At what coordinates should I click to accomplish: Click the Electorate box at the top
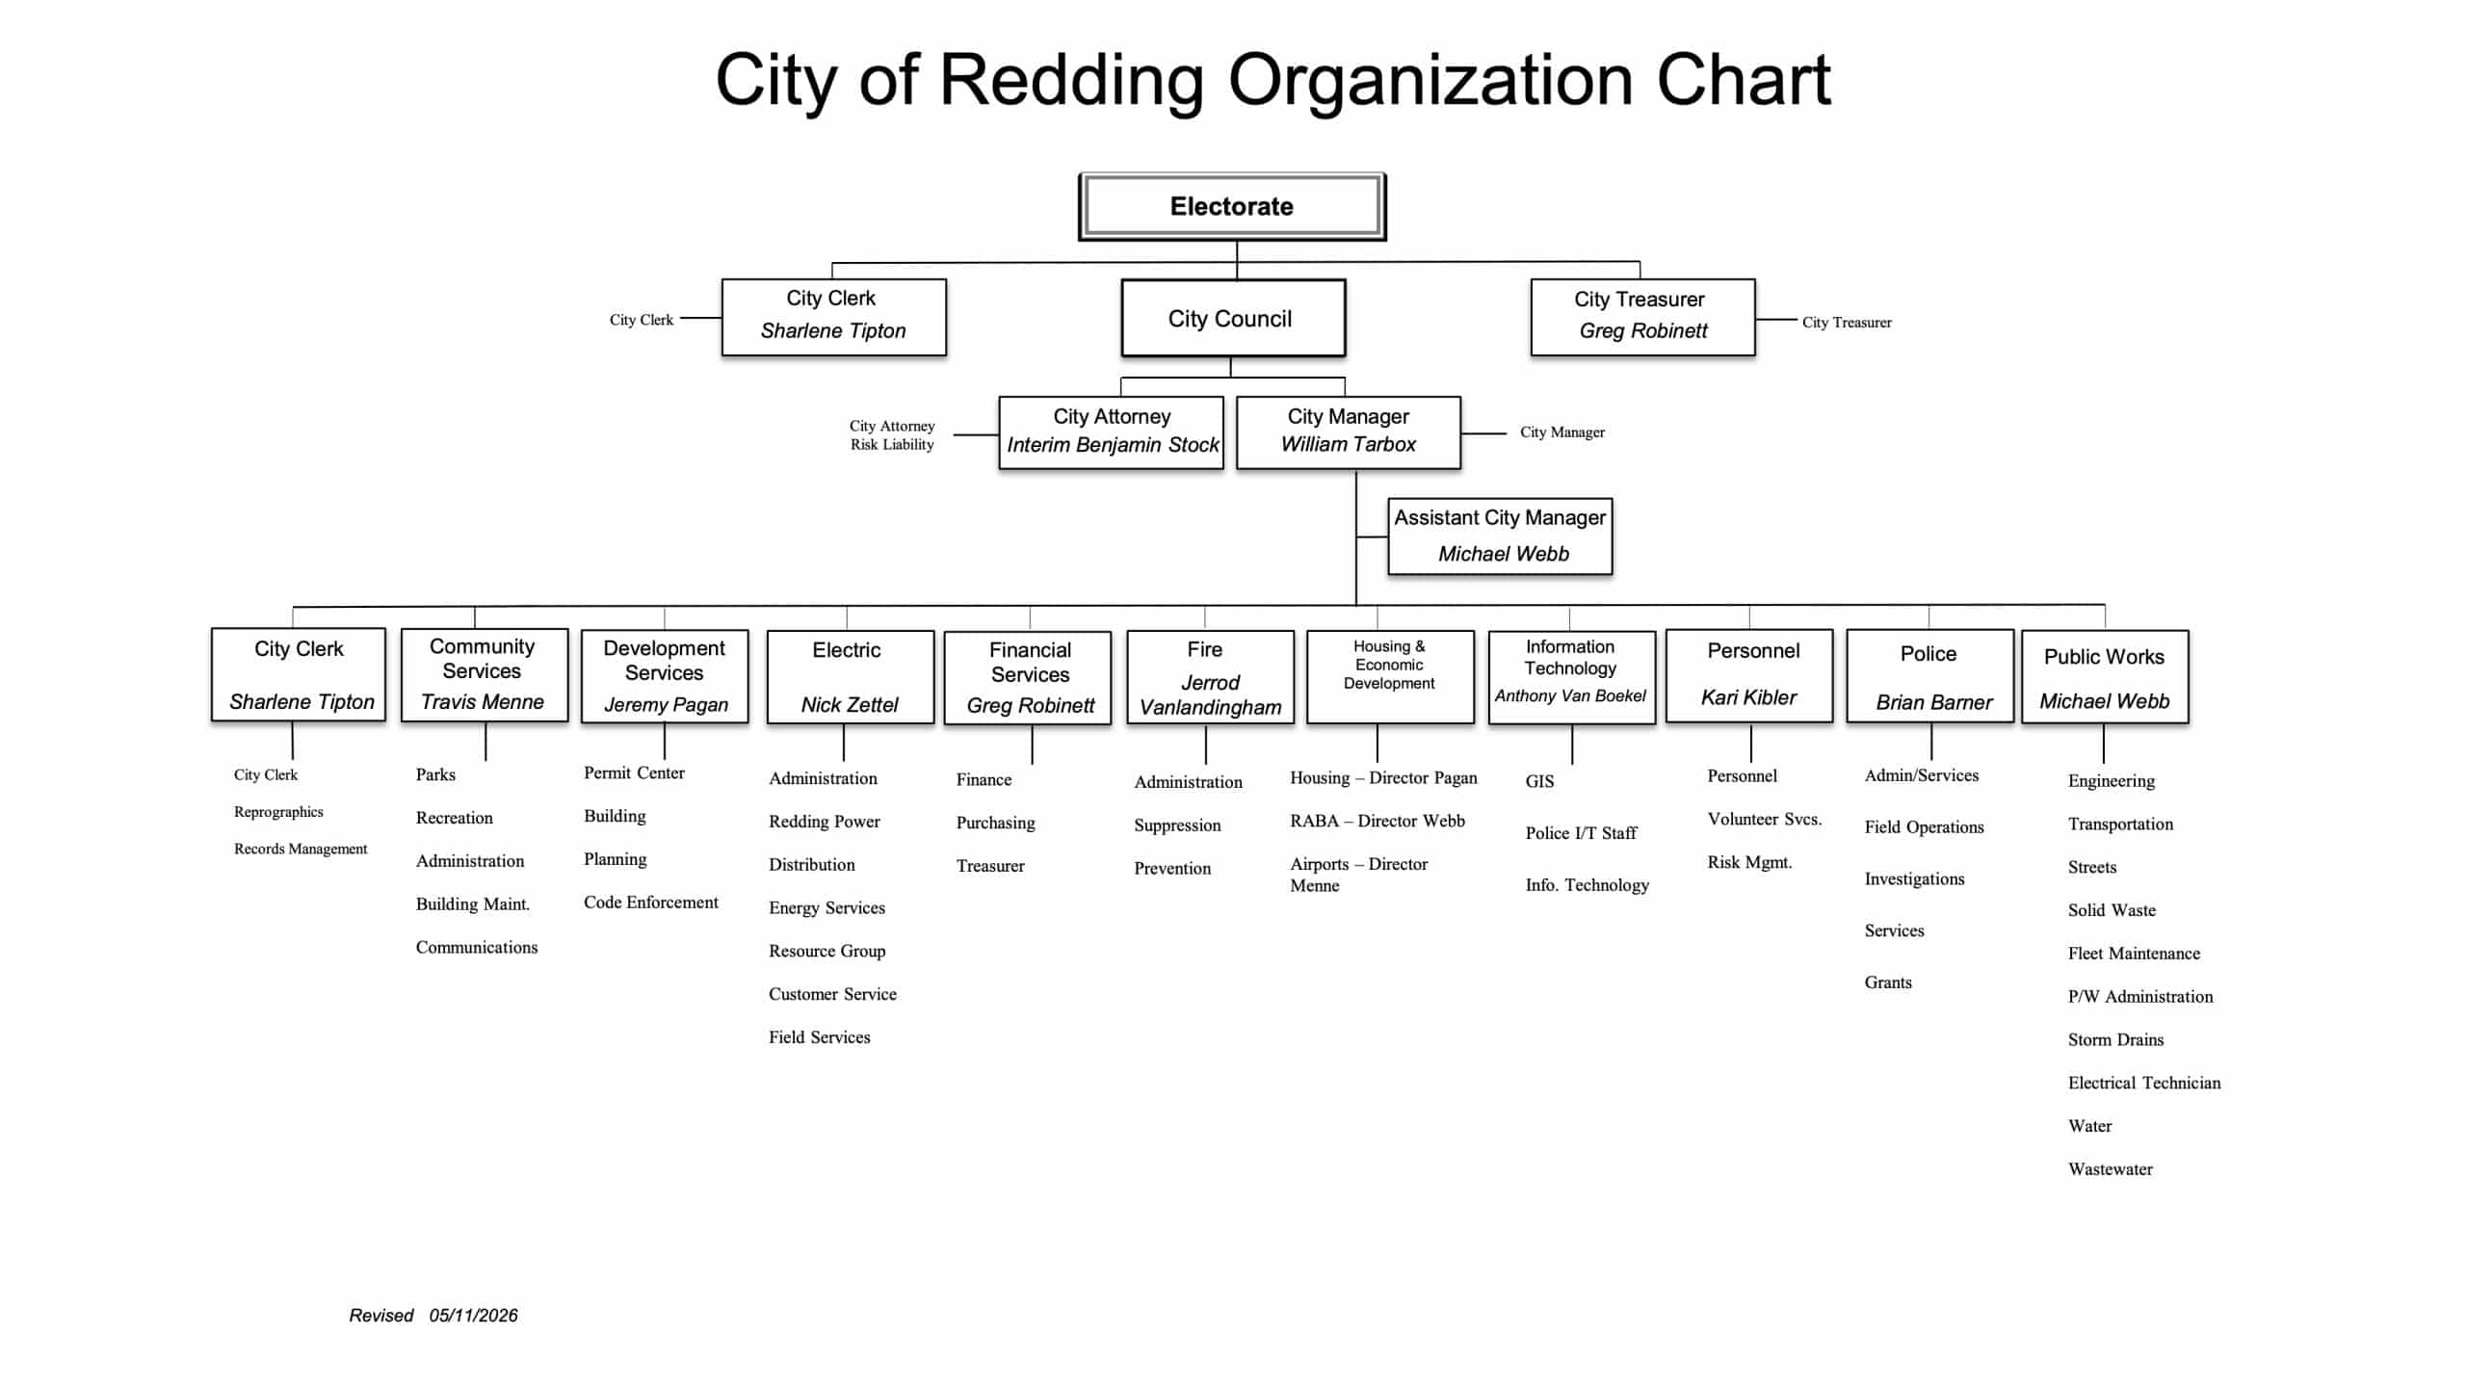(x=1232, y=206)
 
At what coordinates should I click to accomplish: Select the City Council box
(x=1233, y=318)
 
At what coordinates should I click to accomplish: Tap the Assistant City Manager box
(x=1500, y=536)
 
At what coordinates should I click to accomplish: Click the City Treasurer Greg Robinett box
(x=1642, y=317)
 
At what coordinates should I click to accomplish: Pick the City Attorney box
(x=1112, y=432)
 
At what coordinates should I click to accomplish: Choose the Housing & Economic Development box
(x=1390, y=676)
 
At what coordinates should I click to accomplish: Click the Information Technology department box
(x=1572, y=677)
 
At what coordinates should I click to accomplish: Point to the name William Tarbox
(x=1348, y=444)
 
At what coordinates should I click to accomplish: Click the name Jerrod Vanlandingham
(x=1211, y=694)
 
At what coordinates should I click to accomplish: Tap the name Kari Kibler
(x=1748, y=697)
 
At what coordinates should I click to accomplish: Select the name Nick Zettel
(x=850, y=705)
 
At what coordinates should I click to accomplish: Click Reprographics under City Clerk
(x=278, y=812)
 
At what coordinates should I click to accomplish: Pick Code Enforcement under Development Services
(x=651, y=903)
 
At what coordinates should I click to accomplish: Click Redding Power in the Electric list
(x=825, y=822)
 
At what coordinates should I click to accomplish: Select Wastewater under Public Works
(x=2111, y=1169)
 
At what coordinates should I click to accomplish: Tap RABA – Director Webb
(x=1377, y=821)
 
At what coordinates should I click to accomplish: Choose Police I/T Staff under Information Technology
(x=1581, y=833)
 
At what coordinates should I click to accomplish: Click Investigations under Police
(x=1914, y=879)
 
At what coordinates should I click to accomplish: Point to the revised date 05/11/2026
(x=474, y=1316)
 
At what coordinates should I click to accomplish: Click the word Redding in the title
(x=1071, y=81)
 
